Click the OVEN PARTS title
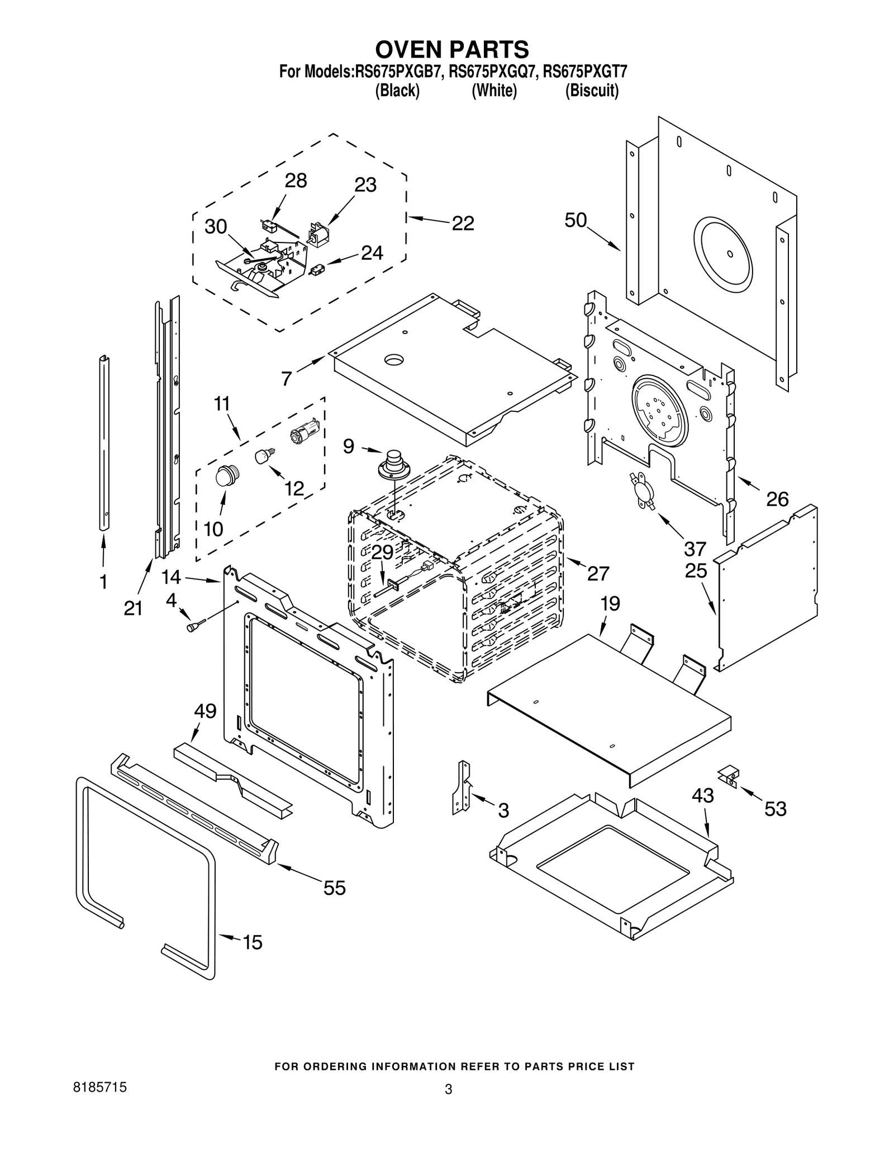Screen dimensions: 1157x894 point(451,50)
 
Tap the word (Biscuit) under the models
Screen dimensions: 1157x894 point(592,91)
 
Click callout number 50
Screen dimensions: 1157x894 point(576,221)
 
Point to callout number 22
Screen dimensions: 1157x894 point(463,223)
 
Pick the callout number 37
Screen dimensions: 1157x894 point(695,549)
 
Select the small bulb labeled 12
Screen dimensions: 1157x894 point(263,456)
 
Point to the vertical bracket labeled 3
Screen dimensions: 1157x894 point(462,787)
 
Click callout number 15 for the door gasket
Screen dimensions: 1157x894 point(253,942)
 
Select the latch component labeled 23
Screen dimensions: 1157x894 point(318,235)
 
